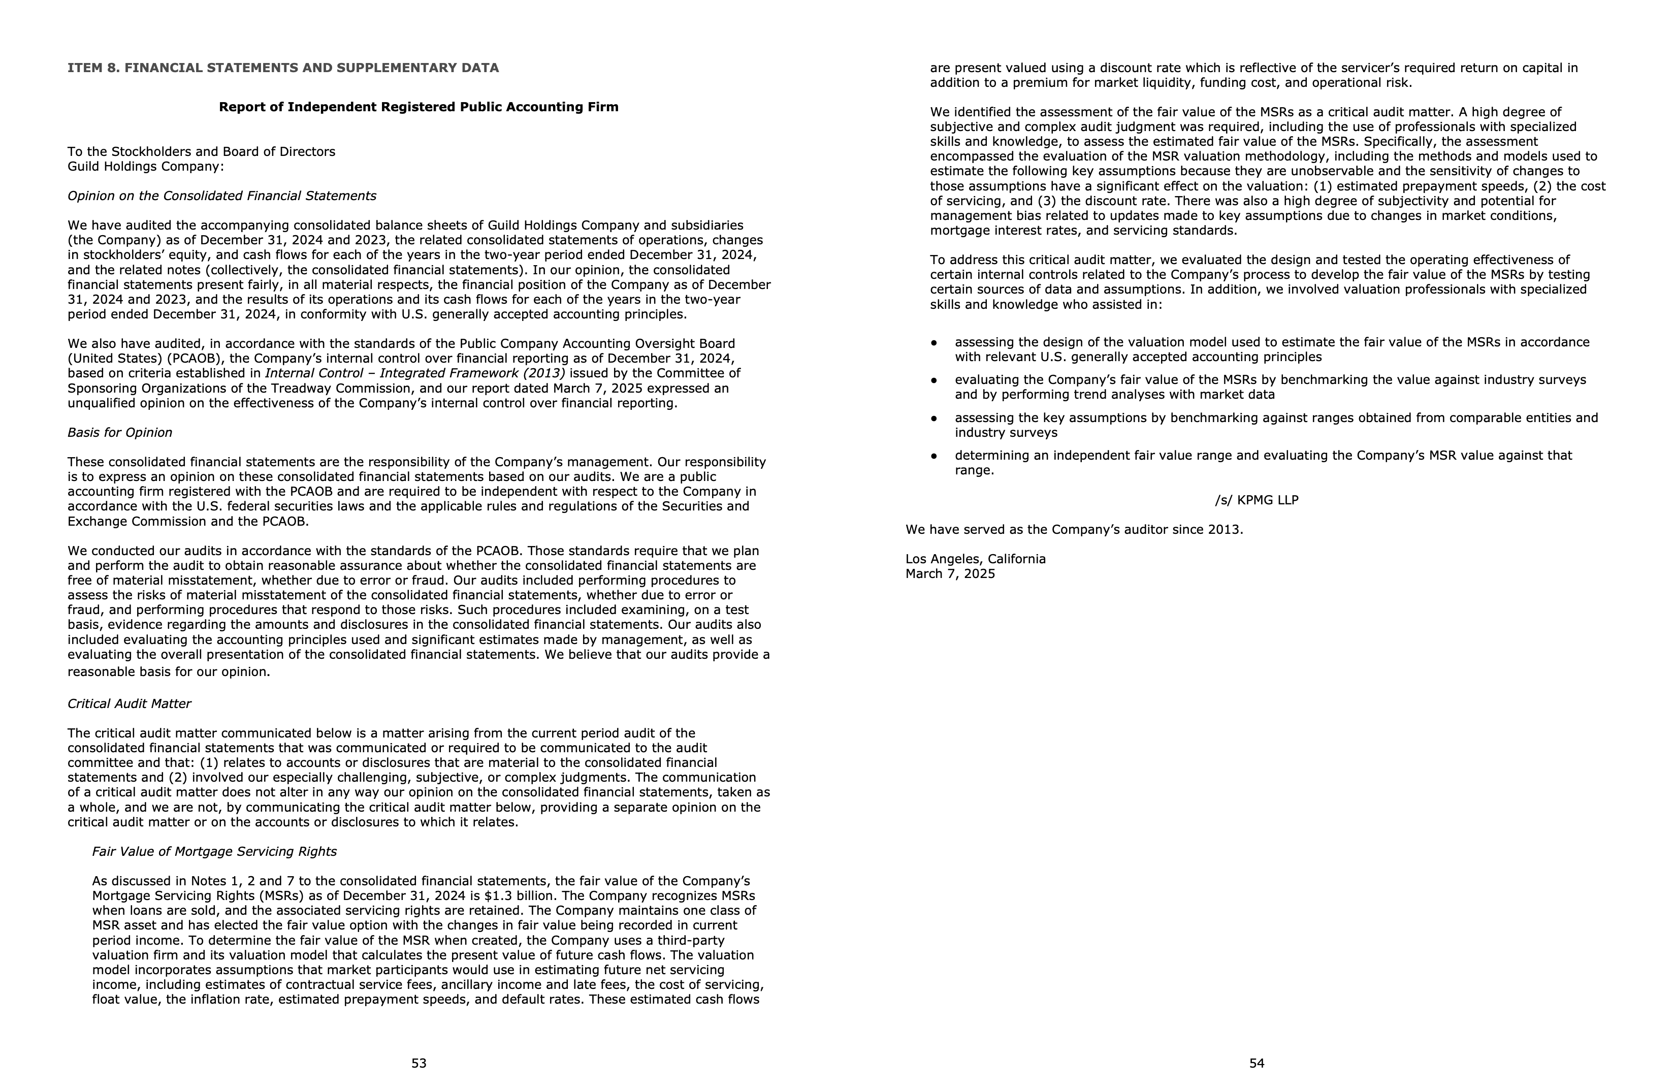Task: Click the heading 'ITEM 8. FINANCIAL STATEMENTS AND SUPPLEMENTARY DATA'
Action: coord(283,68)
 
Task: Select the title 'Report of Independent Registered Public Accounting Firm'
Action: coord(418,107)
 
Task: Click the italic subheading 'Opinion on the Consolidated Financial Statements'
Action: coord(222,196)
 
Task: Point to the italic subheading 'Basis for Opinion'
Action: coord(120,432)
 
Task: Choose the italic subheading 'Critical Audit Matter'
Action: coord(129,703)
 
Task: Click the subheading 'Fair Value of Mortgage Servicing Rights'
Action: coord(214,851)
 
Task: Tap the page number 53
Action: coord(419,1063)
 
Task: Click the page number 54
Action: coord(1257,1063)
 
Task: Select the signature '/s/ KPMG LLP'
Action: coord(1256,500)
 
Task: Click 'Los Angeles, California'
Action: coord(975,559)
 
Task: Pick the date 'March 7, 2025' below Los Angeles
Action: coord(950,574)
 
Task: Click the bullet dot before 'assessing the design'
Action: coord(934,343)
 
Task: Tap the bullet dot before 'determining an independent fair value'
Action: coord(934,456)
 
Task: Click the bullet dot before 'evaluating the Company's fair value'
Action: coord(934,380)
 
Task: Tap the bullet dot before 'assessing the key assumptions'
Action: coord(934,418)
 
